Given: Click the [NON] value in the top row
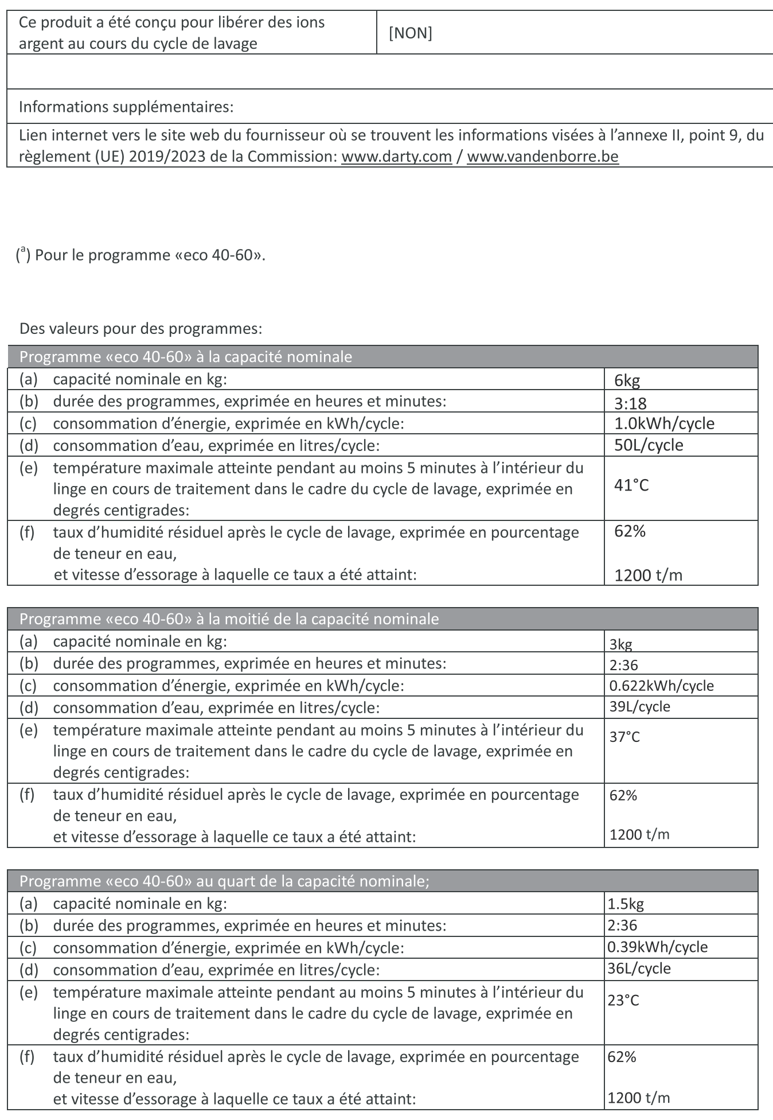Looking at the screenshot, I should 410,33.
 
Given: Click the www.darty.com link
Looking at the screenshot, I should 396,157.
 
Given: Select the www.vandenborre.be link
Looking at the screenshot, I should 542,157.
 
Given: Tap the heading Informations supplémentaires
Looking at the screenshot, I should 126,107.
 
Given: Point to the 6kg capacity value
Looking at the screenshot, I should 627,380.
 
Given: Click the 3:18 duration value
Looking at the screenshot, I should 630,403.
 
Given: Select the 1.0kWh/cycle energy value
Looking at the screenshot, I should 664,423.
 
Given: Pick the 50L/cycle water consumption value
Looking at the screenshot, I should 649,445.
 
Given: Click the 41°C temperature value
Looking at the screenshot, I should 631,485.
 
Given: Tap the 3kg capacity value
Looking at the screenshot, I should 620,644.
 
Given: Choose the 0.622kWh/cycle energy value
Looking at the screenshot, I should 661,686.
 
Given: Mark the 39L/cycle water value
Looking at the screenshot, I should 639,706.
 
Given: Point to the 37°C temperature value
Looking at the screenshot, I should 624,737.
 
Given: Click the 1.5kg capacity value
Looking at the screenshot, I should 626,904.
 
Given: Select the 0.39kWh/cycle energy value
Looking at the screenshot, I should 657,947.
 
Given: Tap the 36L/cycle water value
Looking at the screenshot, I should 639,969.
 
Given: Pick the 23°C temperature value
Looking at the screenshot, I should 623,1000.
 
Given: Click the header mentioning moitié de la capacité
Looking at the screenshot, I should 229,619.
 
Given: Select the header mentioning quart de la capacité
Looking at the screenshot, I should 224,881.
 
